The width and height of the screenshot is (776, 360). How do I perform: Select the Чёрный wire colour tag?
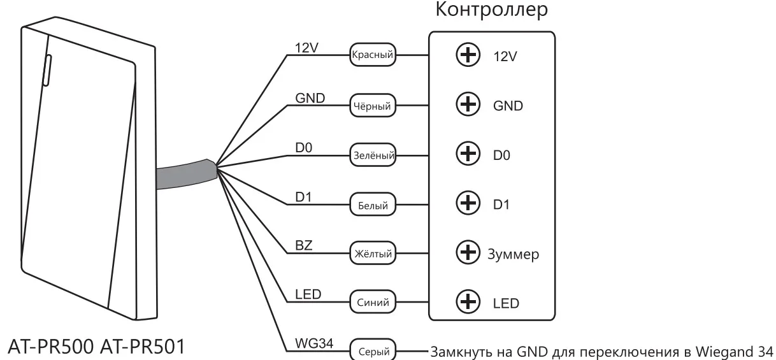(x=373, y=105)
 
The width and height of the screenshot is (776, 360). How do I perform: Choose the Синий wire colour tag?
(x=373, y=301)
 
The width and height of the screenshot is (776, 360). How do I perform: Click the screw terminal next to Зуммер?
(x=468, y=254)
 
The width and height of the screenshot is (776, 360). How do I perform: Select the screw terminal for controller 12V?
(x=468, y=55)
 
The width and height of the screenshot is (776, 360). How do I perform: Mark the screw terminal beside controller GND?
(x=468, y=104)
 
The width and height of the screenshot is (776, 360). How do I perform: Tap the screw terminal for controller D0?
(x=468, y=154)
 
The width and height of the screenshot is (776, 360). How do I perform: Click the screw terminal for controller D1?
(x=468, y=204)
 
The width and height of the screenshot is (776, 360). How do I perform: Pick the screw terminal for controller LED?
(x=468, y=301)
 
